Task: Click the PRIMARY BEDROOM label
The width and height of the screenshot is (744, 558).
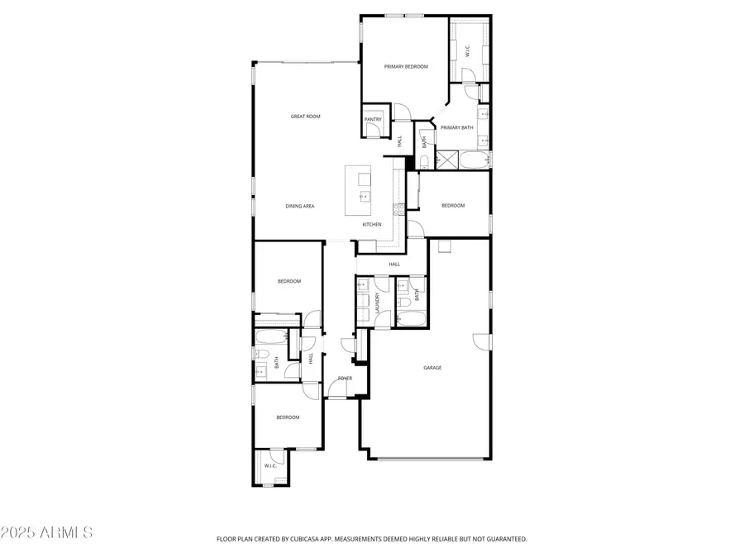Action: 406,66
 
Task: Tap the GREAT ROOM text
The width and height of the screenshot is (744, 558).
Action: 305,117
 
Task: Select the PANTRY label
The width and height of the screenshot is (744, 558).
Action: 373,120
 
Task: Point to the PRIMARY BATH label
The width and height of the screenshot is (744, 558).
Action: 456,127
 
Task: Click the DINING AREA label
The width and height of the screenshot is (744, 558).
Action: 300,206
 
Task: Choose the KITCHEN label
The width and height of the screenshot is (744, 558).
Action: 372,225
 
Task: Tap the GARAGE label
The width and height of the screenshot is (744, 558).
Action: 432,367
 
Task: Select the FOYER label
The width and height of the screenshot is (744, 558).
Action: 345,379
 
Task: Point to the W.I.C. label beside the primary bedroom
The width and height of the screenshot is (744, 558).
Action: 467,51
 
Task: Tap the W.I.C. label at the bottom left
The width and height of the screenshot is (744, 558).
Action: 270,466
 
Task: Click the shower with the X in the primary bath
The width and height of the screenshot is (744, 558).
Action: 448,160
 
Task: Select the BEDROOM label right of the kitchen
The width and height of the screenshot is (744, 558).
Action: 452,206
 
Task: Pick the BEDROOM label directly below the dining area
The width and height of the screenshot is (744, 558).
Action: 289,281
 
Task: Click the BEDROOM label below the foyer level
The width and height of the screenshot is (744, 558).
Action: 288,417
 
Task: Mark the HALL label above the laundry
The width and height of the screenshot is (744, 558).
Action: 394,265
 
